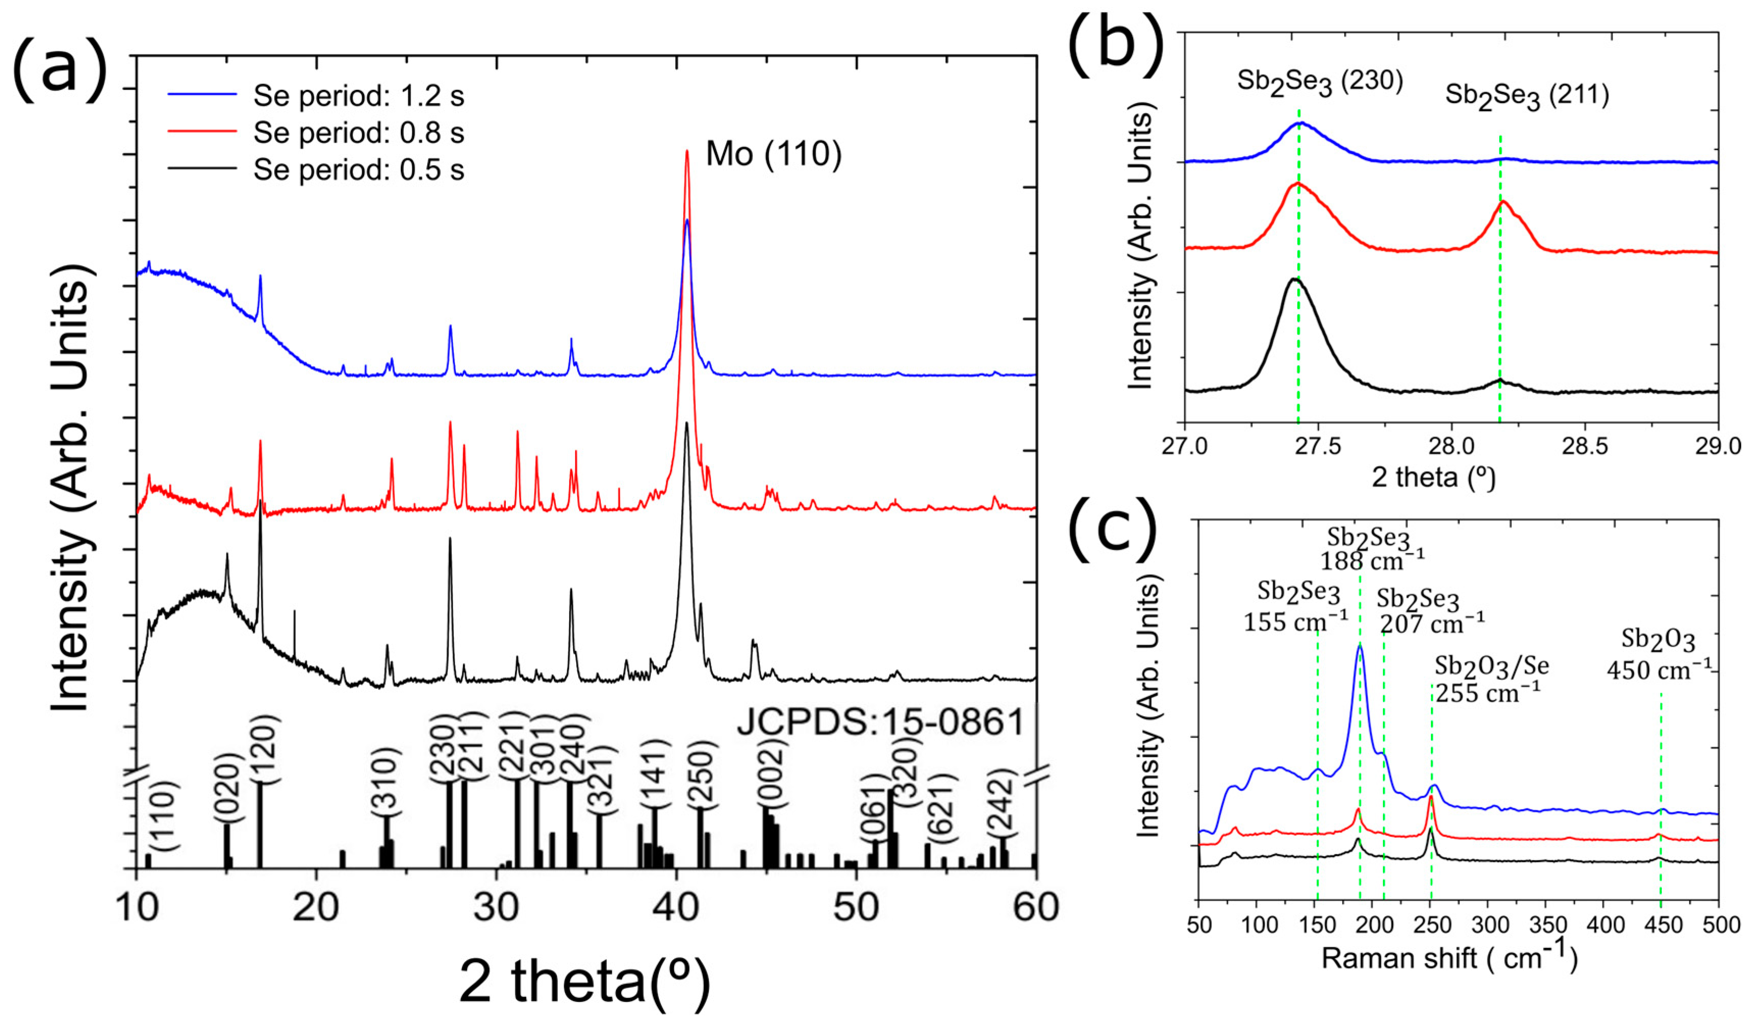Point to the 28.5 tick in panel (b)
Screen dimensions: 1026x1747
[x=1585, y=446]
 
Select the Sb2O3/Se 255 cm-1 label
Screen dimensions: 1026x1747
[x=1491, y=679]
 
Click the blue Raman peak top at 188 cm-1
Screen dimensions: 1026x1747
[x=1359, y=646]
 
